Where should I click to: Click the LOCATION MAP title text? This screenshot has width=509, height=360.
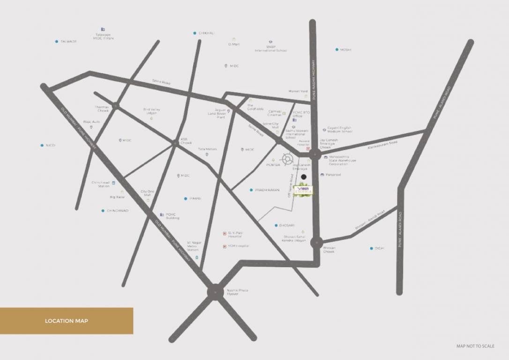click(66, 321)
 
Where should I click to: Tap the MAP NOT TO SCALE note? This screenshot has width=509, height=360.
click(475, 346)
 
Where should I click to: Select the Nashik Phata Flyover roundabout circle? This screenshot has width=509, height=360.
click(215, 291)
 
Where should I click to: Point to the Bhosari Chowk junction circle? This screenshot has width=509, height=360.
click(316, 243)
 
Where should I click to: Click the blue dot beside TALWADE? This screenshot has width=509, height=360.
click(56, 41)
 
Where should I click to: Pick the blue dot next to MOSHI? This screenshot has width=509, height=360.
click(337, 49)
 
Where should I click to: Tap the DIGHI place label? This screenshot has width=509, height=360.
click(379, 248)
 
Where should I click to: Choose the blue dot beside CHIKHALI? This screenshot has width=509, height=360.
click(195, 33)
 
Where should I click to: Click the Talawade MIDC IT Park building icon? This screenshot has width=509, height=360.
click(103, 30)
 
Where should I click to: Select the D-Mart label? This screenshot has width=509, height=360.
click(234, 44)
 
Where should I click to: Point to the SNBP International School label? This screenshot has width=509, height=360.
click(270, 49)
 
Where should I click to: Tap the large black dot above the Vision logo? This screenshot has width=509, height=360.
click(304, 177)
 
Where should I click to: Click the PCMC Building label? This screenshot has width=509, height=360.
click(172, 217)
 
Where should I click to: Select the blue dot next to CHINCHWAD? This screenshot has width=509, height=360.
click(103, 211)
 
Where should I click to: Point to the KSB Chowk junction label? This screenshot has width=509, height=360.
click(186, 141)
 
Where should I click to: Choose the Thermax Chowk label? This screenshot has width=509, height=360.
click(102, 109)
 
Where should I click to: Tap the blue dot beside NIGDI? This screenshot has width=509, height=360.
click(42, 145)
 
